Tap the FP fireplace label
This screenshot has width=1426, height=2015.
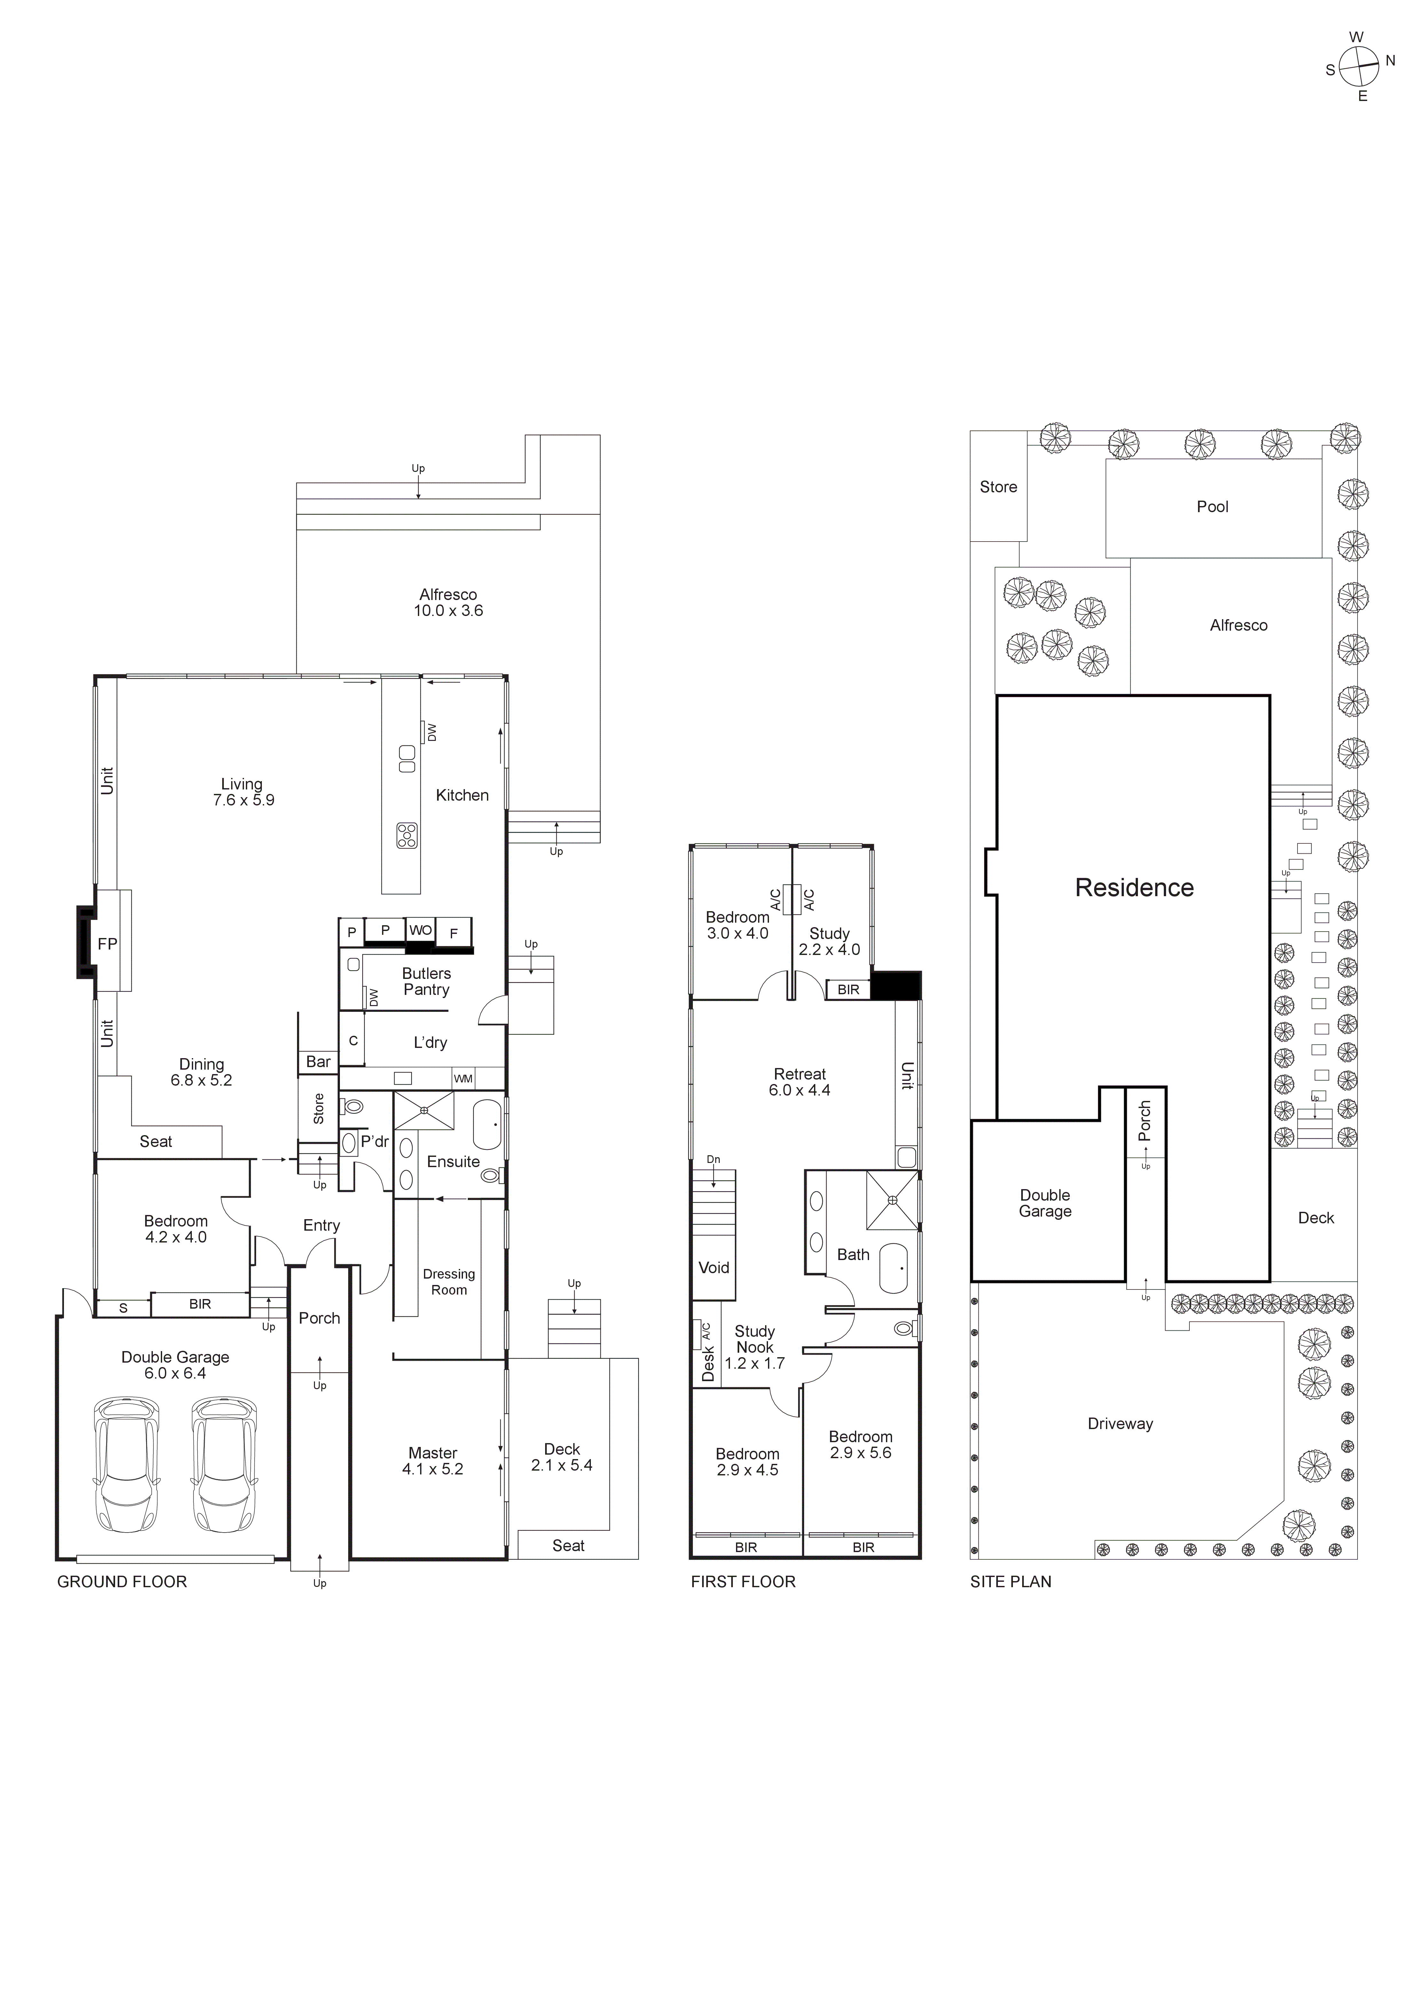click(x=107, y=944)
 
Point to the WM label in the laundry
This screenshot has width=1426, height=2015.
click(x=463, y=1079)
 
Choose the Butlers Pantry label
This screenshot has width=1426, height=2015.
click(x=426, y=981)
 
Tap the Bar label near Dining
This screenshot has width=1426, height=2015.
click(x=318, y=1062)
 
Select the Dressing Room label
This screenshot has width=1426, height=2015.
click(x=449, y=1281)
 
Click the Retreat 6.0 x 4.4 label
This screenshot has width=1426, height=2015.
click(x=799, y=1082)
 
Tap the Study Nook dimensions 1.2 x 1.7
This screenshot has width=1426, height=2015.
click(x=754, y=1363)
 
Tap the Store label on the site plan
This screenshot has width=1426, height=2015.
click(x=999, y=487)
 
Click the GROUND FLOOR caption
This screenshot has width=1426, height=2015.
click(x=122, y=1581)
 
